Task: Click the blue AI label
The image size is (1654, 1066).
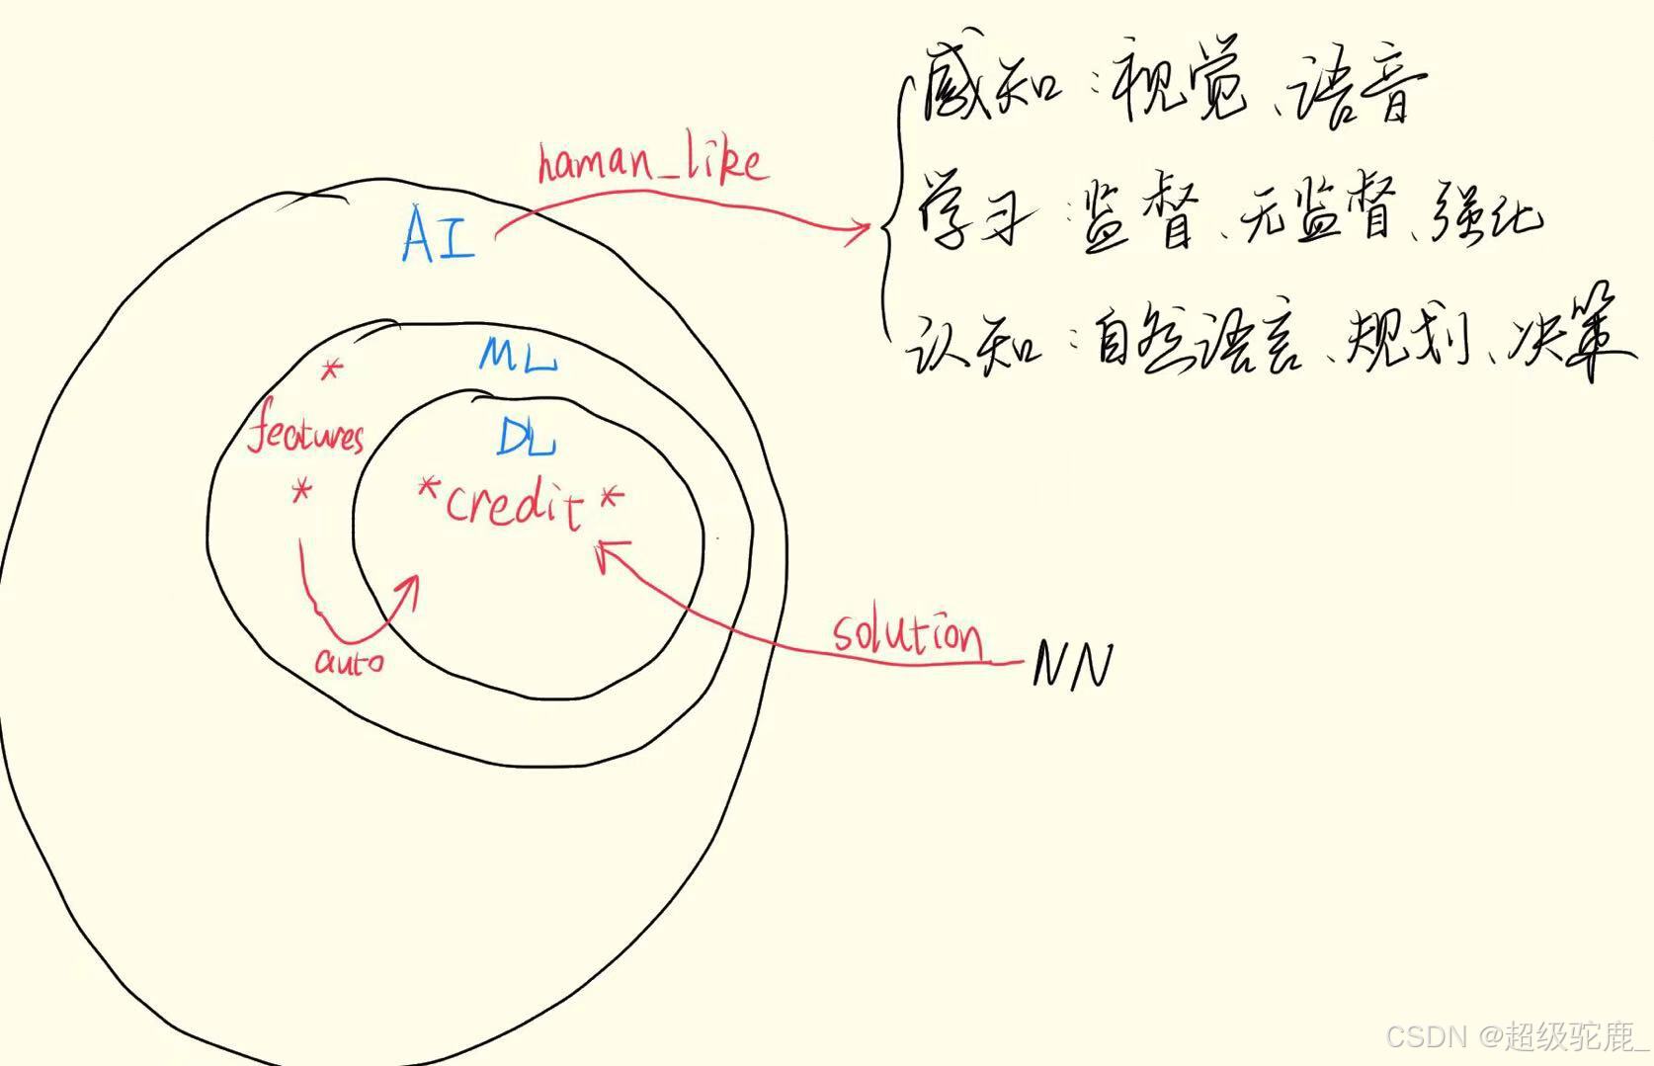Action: pyautogui.click(x=439, y=235)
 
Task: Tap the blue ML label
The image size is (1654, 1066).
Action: pyautogui.click(x=519, y=355)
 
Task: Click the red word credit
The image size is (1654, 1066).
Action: pyautogui.click(x=514, y=505)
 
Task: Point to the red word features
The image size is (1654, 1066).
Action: pyautogui.click(x=305, y=435)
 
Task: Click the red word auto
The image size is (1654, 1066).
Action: pyautogui.click(x=349, y=660)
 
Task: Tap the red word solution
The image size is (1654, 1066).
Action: pyautogui.click(x=907, y=634)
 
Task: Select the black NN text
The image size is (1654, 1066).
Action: pyautogui.click(x=1073, y=664)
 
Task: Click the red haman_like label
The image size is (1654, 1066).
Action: pyautogui.click(x=652, y=163)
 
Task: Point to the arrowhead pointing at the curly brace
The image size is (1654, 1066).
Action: pyautogui.click(x=860, y=231)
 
